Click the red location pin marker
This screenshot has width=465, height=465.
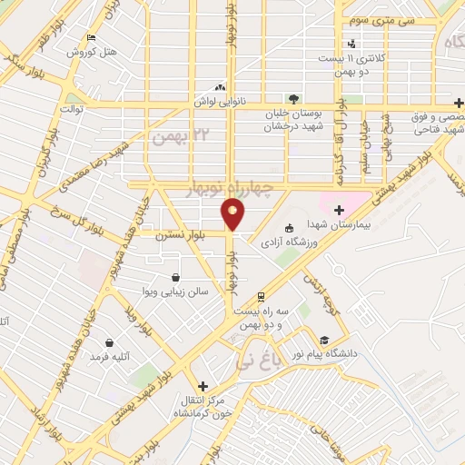point(233,214)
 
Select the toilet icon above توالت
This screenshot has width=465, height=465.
point(71,94)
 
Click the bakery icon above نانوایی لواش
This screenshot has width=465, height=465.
point(221,88)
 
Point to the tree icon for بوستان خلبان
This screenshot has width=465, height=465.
point(292,98)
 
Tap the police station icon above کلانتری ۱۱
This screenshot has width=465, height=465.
point(351,44)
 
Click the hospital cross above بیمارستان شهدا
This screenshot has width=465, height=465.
point(339,210)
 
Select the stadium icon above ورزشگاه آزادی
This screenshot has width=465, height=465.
point(289,228)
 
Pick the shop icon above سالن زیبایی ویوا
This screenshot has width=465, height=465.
point(174,277)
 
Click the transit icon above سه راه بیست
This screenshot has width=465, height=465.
point(261,297)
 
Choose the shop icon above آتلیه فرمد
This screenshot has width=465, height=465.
point(109,343)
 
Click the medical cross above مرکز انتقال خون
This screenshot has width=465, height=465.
point(203,385)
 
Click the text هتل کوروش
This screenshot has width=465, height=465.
point(92,53)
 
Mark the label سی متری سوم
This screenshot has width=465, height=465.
point(363,18)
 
